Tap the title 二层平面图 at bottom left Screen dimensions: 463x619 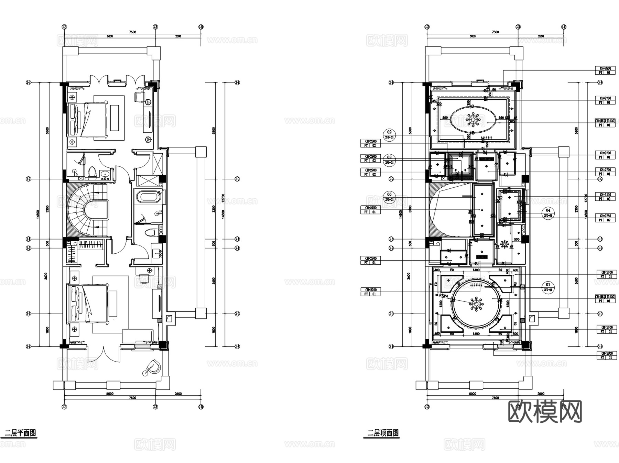point(20,433)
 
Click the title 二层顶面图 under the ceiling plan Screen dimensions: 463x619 point(383,433)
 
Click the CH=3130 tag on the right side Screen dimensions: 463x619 point(605,195)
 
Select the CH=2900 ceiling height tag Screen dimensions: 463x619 point(370,156)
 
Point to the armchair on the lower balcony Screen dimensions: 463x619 point(152,367)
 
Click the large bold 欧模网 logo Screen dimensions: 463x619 point(545,411)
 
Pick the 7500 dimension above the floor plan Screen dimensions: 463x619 point(132,32)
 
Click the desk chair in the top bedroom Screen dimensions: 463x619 point(139,97)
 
